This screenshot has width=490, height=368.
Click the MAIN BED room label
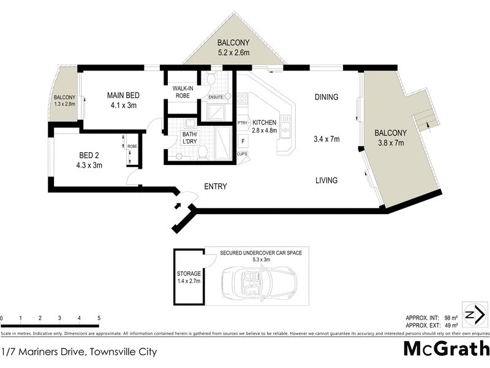coord(123,95)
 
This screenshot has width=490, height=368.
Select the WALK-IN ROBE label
coord(183,91)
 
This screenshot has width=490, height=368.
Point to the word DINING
coord(326,97)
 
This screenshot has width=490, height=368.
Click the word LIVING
coord(326,180)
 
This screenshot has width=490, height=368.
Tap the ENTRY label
coord(215,186)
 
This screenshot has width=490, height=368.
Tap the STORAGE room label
coord(189,273)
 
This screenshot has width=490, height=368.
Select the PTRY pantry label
coord(242,123)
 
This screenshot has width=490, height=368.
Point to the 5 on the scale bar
coord(99,318)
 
